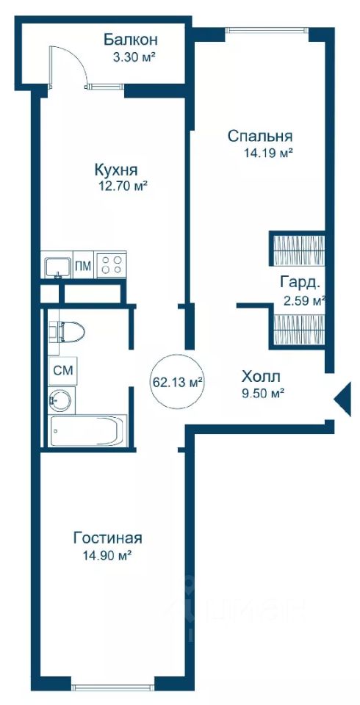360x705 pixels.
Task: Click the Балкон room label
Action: click(x=131, y=40)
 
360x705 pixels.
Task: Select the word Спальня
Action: click(x=260, y=136)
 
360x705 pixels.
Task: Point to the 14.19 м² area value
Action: click(x=269, y=153)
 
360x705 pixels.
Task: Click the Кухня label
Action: click(x=115, y=170)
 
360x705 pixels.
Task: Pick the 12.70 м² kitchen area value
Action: click(x=123, y=186)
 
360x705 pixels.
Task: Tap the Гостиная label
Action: click(x=108, y=538)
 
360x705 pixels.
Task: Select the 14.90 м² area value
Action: click(x=107, y=556)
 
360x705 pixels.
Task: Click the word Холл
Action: click(x=261, y=376)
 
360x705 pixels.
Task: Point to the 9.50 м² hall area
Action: click(x=263, y=394)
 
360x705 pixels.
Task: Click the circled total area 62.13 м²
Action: click(x=177, y=383)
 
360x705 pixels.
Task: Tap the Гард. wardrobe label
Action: click(x=300, y=283)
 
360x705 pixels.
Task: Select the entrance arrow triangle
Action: click(x=342, y=398)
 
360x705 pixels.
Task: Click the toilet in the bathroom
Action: click(x=67, y=332)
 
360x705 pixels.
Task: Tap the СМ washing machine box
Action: click(x=62, y=371)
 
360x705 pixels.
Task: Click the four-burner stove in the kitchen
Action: click(x=112, y=265)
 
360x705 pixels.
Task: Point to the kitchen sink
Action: click(x=58, y=267)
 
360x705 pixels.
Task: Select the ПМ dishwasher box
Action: click(x=83, y=266)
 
